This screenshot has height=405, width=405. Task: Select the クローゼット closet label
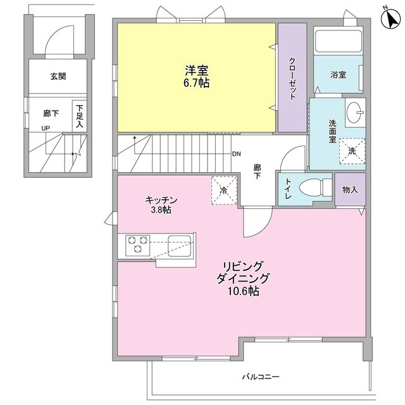pyautogui.click(x=292, y=78)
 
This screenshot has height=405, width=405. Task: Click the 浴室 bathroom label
pyautogui.click(x=338, y=75)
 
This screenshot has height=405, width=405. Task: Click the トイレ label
pyautogui.click(x=288, y=190)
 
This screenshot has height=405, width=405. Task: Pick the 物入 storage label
pyautogui.click(x=350, y=189)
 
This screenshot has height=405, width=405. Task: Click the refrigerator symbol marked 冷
pyautogui.click(x=223, y=190)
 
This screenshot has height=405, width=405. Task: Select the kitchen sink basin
pyautogui.click(x=180, y=242)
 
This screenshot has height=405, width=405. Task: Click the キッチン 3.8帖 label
pyautogui.click(x=161, y=205)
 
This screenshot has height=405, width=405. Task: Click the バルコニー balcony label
pyautogui.click(x=259, y=377)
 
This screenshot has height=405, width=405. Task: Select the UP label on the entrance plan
pyautogui.click(x=46, y=128)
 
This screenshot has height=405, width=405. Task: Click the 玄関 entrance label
pyautogui.click(x=58, y=77)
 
